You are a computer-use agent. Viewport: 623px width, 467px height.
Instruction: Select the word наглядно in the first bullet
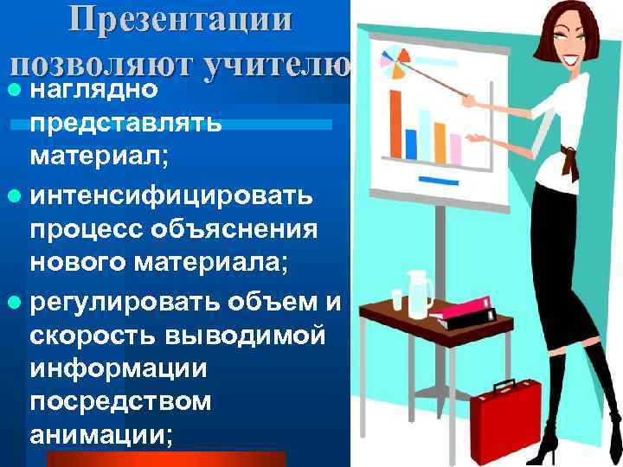[x=93, y=89]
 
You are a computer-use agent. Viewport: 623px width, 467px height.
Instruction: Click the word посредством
[x=120, y=403]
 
